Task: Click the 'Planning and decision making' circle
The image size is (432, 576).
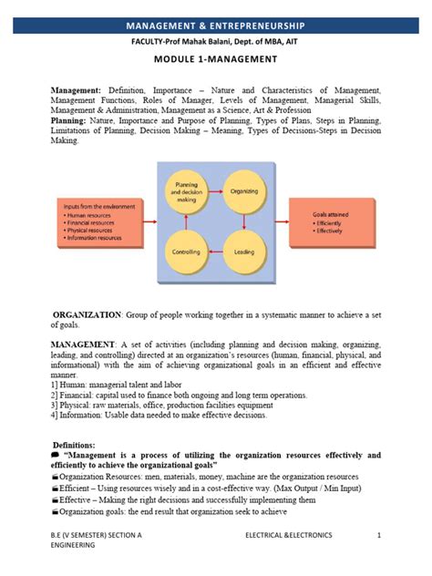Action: click(x=187, y=192)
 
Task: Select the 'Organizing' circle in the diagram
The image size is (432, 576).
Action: click(x=244, y=192)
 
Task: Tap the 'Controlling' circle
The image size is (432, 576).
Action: click(x=187, y=251)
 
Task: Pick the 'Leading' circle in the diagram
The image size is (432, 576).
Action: click(x=244, y=251)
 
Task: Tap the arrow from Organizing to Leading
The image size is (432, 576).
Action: click(x=244, y=221)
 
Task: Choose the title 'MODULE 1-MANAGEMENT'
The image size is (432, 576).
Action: click(x=215, y=60)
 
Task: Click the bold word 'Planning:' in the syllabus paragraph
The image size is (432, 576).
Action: click(x=69, y=120)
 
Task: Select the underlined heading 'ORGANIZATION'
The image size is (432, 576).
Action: click(x=87, y=314)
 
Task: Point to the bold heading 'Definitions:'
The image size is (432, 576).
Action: click(x=81, y=445)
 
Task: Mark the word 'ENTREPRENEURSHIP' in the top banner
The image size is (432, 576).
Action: click(x=265, y=26)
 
